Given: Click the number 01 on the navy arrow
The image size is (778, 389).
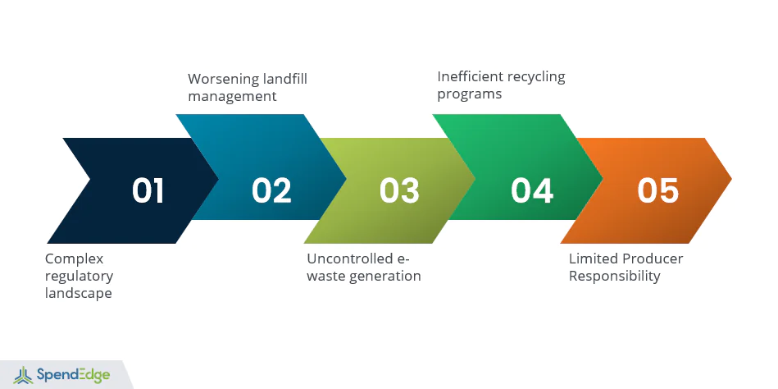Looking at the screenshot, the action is click(x=148, y=190).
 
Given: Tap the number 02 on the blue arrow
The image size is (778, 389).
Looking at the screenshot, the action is click(x=271, y=190).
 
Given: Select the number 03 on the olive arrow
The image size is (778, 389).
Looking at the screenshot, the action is click(x=399, y=190).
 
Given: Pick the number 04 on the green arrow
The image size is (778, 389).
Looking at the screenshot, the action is click(x=532, y=190).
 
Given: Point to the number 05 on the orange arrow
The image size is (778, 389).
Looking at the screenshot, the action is click(x=658, y=190).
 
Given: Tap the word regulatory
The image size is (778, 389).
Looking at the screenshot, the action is click(x=80, y=277).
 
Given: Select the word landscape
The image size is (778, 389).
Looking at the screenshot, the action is click(x=79, y=293).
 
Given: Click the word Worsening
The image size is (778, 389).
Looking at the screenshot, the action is click(x=224, y=79).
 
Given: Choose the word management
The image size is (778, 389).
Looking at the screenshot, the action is click(x=232, y=96).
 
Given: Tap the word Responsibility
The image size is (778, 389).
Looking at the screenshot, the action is click(x=614, y=277).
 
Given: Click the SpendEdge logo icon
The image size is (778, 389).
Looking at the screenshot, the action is click(x=23, y=375).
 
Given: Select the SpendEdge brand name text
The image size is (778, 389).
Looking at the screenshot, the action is click(x=74, y=375).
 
